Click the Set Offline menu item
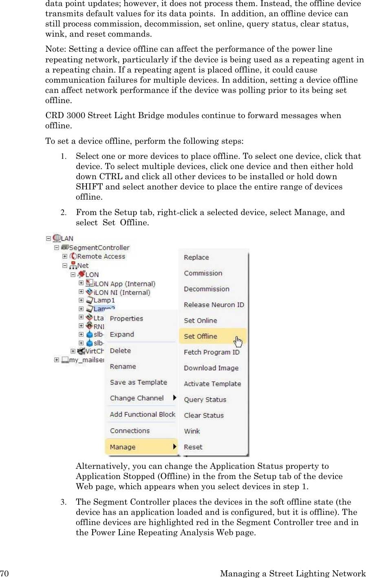pos(201,336)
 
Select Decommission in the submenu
pos(207,289)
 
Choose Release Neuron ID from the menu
pos(214,305)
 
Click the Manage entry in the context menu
pos(123,447)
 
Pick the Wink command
pos(192,431)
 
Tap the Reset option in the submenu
pos(193,447)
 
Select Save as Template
pos(139,382)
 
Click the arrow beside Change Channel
pos(175,398)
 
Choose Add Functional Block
pos(143,414)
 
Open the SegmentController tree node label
pos(99,248)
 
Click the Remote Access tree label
pos(101,257)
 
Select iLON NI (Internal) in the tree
pos(122,292)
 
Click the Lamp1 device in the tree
pos(104,301)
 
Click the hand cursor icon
pos(238,341)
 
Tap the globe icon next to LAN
pos(57,238)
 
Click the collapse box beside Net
pos(65,266)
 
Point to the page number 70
pos(4,574)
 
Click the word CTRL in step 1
pos(111,177)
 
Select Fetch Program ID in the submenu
pos(212,352)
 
